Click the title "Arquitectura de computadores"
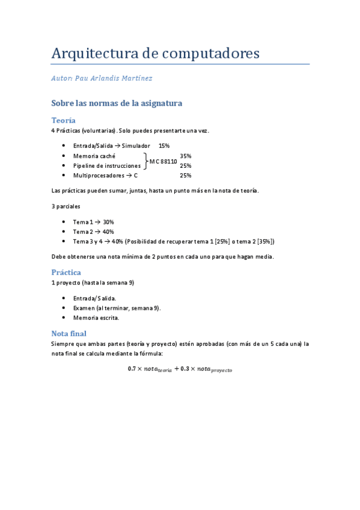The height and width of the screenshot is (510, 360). click(156, 53)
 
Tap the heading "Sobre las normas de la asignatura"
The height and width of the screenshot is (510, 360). click(117, 103)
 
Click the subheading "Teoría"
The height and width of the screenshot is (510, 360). click(63, 120)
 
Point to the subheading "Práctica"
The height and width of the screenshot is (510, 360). click(66, 272)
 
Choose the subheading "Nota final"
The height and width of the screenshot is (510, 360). click(69, 333)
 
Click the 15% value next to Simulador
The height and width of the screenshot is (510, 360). click(164, 146)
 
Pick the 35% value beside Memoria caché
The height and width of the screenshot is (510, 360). click(186, 156)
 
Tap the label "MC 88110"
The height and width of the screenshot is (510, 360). click(163, 161)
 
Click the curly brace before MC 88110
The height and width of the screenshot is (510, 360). click(145, 161)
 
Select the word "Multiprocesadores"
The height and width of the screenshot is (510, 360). click(97, 175)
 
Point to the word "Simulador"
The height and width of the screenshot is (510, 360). click(135, 146)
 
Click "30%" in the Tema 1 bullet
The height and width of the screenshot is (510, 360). click(108, 222)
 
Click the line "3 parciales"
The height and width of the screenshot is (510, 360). click(66, 206)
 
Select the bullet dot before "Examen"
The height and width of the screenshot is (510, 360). click(64, 308)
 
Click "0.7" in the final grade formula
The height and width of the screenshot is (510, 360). click(132, 369)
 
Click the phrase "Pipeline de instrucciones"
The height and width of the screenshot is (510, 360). click(107, 165)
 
